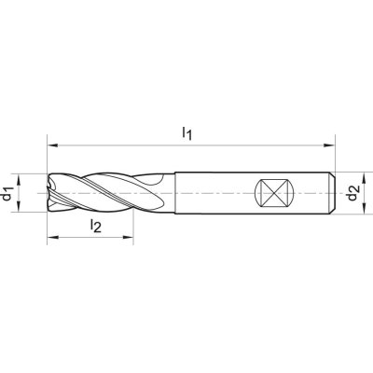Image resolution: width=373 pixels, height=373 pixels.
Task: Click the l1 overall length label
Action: (x=187, y=133)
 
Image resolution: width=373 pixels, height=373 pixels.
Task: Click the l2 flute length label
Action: (x=96, y=226)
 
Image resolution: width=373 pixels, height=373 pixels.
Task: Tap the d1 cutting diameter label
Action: (x=7, y=193)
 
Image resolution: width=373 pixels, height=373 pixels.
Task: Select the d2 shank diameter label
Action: (x=353, y=193)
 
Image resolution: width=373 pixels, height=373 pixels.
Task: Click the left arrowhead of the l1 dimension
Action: (x=52, y=145)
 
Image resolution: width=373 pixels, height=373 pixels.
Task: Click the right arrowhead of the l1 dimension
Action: (x=329, y=145)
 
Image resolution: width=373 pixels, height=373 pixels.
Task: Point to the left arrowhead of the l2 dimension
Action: (x=52, y=238)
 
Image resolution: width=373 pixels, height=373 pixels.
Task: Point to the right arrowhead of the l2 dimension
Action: (x=128, y=238)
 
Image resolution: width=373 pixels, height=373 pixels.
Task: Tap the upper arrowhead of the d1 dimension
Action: (x=19, y=179)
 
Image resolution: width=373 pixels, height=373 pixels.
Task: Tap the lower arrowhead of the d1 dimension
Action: (x=19, y=207)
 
